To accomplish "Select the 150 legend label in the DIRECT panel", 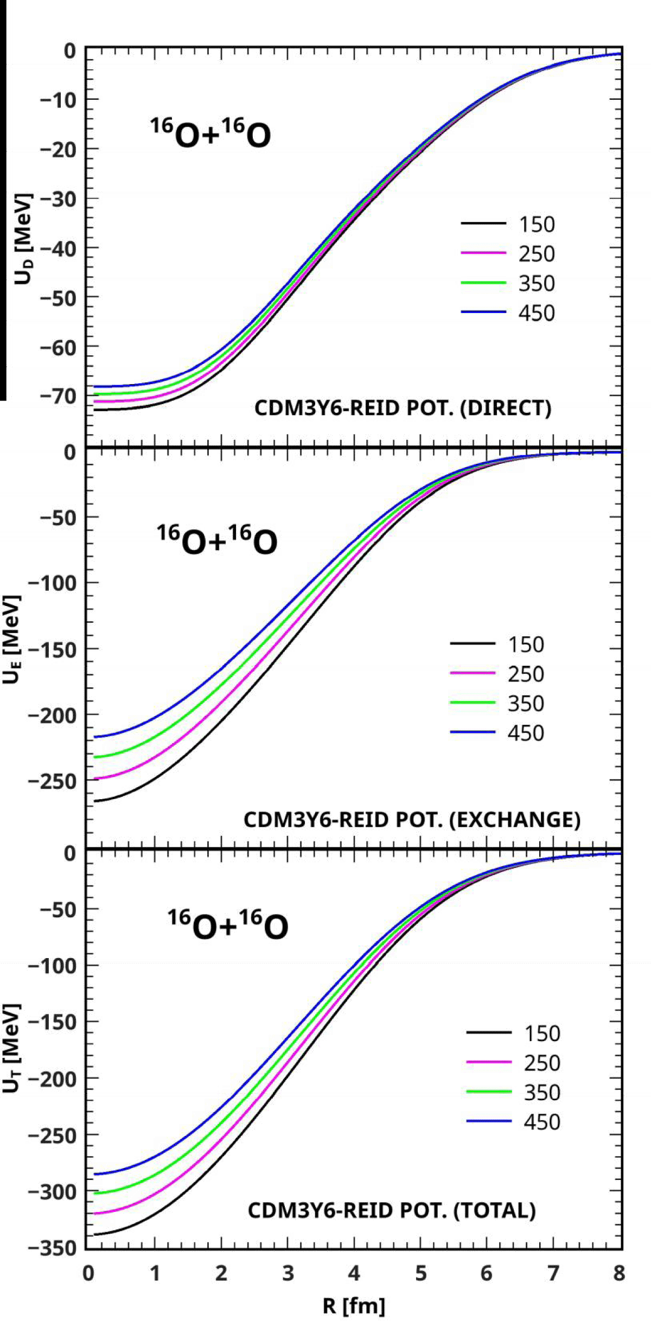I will (537, 225).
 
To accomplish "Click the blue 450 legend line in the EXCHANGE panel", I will (473, 732).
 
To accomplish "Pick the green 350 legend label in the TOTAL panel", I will (541, 1092).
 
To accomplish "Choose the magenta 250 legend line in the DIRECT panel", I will (483, 253).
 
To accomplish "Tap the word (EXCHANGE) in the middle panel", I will (515, 819).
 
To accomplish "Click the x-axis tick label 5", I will (420, 1273).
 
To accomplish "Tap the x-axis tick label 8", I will (619, 1273).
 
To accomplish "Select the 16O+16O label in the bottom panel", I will (228, 926).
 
